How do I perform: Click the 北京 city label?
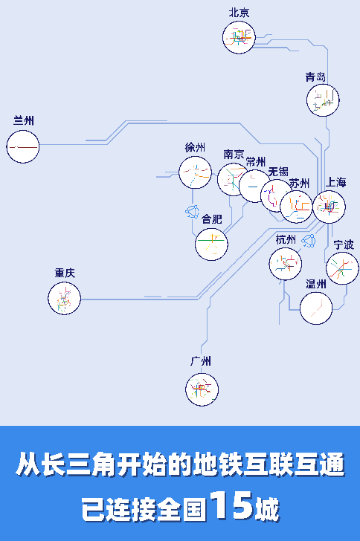pyautogui.click(x=239, y=13)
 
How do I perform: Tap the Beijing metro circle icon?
pyautogui.click(x=239, y=37)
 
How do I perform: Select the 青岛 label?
pyautogui.click(x=315, y=77)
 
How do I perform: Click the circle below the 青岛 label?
pyautogui.click(x=323, y=100)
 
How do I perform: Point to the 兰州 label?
pyautogui.click(x=24, y=120)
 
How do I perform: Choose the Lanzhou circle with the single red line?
pyautogui.click(x=23, y=146)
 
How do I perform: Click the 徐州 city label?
pyautogui.click(x=195, y=147)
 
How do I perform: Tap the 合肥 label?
pyautogui.click(x=211, y=218)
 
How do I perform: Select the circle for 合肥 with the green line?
pyautogui.click(x=211, y=244)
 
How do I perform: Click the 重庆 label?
pyautogui.click(x=65, y=273)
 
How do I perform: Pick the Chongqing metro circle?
pyautogui.click(x=64, y=299)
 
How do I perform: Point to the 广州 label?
pyautogui.click(x=201, y=361)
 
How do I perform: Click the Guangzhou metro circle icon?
pyautogui.click(x=202, y=389)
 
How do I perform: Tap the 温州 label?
pyautogui.click(x=316, y=284)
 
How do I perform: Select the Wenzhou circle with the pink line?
pyautogui.click(x=316, y=308)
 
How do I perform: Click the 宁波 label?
pyautogui.click(x=344, y=244)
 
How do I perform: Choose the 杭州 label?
pyautogui.click(x=286, y=239)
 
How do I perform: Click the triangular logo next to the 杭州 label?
pyautogui.click(x=309, y=241)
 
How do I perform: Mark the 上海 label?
pyautogui.click(x=335, y=182)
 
